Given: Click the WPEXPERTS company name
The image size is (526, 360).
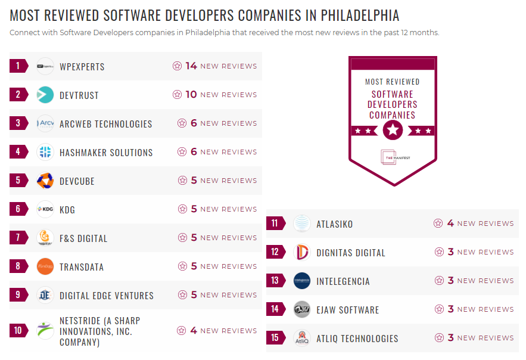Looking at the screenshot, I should point(82,66).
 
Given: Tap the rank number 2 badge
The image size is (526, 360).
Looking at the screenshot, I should point(18,95).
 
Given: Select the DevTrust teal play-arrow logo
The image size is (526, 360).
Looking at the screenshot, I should point(45,95).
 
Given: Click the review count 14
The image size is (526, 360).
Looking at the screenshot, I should point(191,66).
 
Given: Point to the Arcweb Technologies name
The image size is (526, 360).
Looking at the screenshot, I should point(105,124).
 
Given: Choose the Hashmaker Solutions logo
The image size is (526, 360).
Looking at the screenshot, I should point(45,152).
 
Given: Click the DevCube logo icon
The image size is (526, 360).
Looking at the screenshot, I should point(45,181).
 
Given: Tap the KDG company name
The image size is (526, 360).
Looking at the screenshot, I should point(67,210).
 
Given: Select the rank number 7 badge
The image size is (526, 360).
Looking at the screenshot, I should point(18,238).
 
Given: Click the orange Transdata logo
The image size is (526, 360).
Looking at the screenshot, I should point(45,266).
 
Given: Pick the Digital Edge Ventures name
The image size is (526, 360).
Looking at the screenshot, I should point(107,296).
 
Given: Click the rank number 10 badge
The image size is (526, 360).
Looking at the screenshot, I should point(18,330).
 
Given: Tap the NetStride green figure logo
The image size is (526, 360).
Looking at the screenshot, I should point(45,330).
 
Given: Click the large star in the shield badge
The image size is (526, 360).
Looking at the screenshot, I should point(392,129).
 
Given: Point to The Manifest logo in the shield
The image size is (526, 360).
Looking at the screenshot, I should point(392,157).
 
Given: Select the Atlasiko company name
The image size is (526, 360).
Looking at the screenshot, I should point(335,224).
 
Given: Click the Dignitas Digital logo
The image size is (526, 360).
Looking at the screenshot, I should point(302,252).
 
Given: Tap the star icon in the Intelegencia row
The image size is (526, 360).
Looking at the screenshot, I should point(439,281).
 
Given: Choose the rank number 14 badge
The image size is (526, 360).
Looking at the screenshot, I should point(275,309).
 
